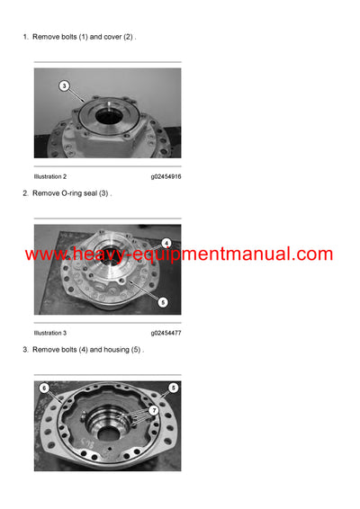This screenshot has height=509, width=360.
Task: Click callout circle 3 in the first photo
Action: coord(64,85)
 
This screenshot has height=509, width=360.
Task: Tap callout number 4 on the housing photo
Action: coord(166,244)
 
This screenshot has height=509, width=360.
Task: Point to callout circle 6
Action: coord(44,388)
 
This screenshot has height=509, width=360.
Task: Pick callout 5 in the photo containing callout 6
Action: coord(173,388)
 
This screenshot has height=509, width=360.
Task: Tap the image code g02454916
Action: coord(166,176)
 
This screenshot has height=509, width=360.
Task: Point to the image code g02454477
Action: coord(166,333)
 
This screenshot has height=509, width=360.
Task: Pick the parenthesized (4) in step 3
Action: coord(87,349)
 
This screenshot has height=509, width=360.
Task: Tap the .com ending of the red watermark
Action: coord(311,254)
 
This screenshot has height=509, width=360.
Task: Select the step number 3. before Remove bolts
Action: coord(26,349)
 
